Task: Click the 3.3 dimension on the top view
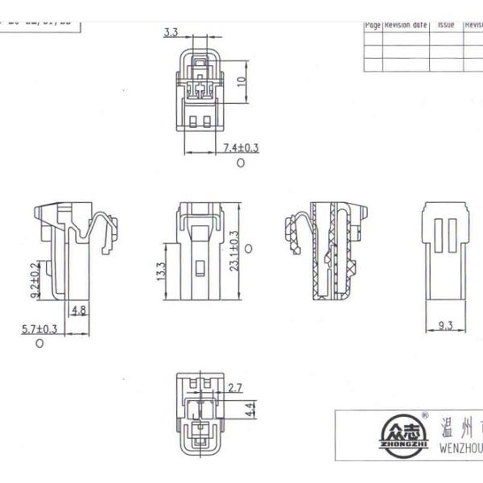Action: (x=171, y=32)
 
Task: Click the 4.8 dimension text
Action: (x=79, y=310)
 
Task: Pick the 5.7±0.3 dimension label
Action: (x=39, y=328)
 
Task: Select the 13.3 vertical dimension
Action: (x=160, y=273)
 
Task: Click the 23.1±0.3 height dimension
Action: (x=234, y=251)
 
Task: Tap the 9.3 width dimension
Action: (x=445, y=325)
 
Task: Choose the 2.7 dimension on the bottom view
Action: (x=235, y=388)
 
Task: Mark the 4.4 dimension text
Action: (x=250, y=409)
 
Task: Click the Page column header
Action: (x=372, y=26)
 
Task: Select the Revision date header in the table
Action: (x=406, y=26)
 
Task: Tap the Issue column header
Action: (x=446, y=26)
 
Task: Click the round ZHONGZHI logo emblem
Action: (x=403, y=436)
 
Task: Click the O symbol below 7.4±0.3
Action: (x=240, y=163)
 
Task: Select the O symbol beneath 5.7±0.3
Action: (x=39, y=344)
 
